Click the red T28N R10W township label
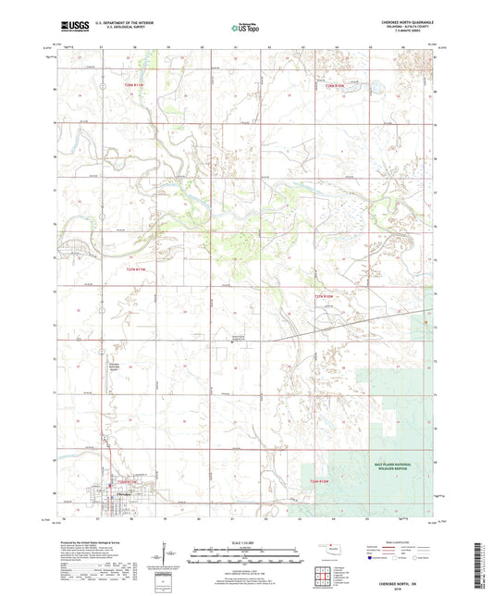[339, 85]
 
